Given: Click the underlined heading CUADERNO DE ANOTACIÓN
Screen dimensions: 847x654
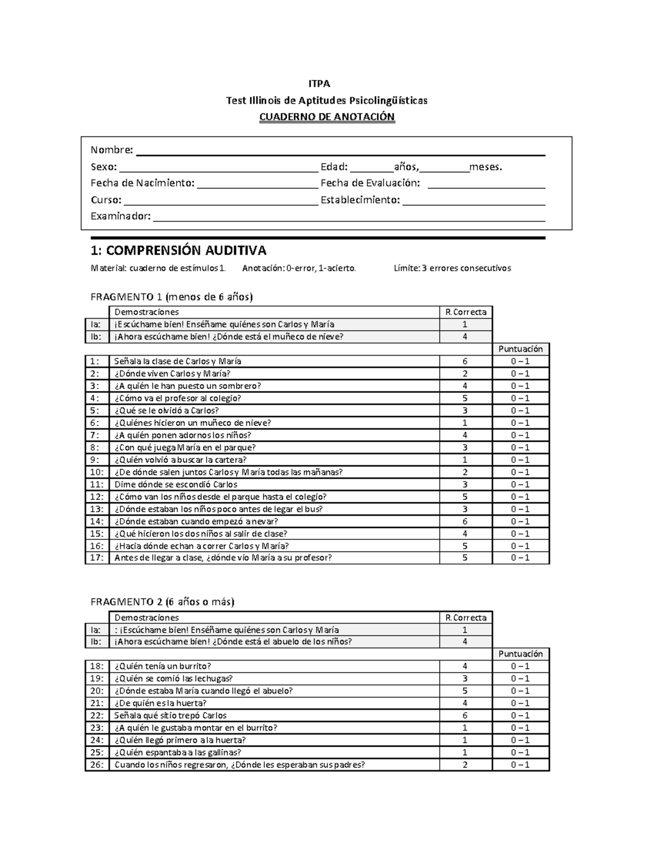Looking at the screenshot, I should [x=326, y=117].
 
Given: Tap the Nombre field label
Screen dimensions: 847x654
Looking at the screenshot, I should [x=112, y=150].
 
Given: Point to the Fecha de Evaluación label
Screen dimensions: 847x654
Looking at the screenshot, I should [x=370, y=183].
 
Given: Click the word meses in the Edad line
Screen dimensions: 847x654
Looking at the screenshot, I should [x=486, y=167].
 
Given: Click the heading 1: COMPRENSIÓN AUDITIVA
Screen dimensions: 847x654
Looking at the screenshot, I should [x=178, y=251].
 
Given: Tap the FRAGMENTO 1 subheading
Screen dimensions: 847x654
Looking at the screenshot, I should [x=171, y=297].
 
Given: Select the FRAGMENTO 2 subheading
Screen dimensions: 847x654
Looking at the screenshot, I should [x=162, y=602].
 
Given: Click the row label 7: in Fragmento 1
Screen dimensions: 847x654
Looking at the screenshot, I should [x=96, y=435].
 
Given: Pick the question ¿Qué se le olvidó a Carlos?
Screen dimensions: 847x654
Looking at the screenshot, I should [x=166, y=411].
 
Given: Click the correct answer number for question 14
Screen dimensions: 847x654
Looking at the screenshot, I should [x=465, y=521].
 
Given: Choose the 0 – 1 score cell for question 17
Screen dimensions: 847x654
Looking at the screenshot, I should [x=520, y=558].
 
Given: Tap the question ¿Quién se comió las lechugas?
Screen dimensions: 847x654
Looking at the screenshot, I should [x=173, y=678].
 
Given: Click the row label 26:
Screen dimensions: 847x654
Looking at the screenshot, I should [x=96, y=765].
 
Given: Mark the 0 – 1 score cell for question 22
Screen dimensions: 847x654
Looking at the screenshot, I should [x=520, y=716].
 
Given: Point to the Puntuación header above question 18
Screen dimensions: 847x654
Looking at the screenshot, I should [x=520, y=654].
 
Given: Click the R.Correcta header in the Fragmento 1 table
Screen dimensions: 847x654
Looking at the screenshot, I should [x=465, y=312].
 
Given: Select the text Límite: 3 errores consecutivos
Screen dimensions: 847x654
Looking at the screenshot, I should [x=452, y=268].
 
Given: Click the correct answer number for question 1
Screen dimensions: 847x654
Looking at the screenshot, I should [x=465, y=361].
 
